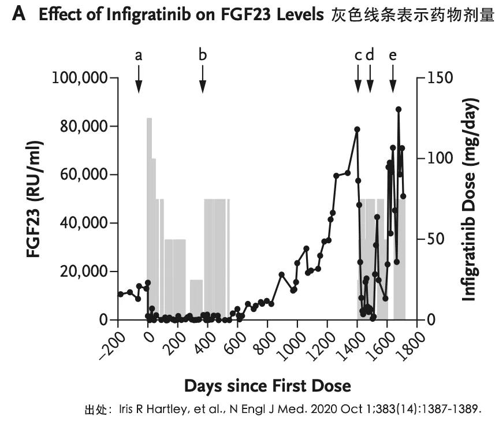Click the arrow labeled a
tap(139, 79)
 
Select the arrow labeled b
tap(203, 79)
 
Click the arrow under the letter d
tap(370, 79)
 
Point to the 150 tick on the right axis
tap(437, 77)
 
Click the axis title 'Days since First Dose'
tap(267, 385)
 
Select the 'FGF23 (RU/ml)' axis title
tap(33, 199)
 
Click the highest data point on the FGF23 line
tap(399, 109)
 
